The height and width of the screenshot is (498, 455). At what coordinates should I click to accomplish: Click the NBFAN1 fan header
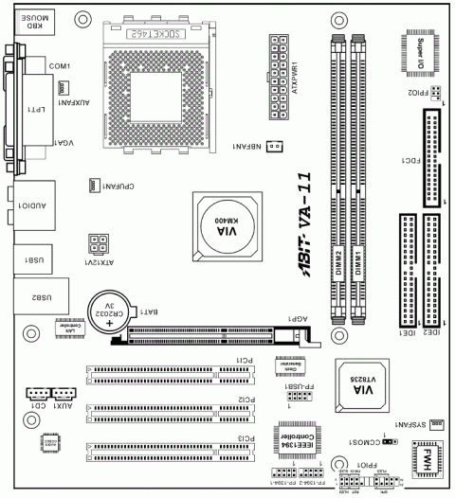273,146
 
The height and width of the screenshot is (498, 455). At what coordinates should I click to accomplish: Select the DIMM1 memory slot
359,180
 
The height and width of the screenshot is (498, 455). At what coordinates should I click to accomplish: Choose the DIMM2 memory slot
337,180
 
